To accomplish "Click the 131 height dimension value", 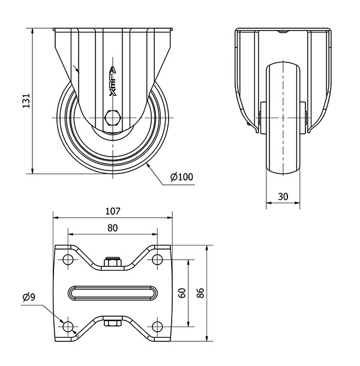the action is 26,101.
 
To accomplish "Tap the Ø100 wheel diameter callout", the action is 182,177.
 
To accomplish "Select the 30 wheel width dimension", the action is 283,197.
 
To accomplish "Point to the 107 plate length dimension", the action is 113,211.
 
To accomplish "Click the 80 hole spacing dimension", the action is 113,228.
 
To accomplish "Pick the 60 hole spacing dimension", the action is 182,293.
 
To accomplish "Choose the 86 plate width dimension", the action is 200,293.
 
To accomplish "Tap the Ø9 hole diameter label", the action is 29,297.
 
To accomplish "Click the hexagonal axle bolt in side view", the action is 113,118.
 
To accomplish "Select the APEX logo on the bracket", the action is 113,82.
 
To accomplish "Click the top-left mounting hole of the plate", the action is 68,259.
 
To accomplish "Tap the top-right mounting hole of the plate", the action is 157,259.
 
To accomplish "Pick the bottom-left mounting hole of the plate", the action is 68,326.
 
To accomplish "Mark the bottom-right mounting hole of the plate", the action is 157,326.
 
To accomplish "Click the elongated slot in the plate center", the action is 113,293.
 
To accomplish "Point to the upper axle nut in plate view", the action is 113,262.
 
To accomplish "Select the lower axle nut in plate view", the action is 113,323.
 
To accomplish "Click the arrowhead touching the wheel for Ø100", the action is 148,166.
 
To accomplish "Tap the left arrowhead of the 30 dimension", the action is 269,203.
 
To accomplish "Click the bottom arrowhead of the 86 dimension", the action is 206,338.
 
